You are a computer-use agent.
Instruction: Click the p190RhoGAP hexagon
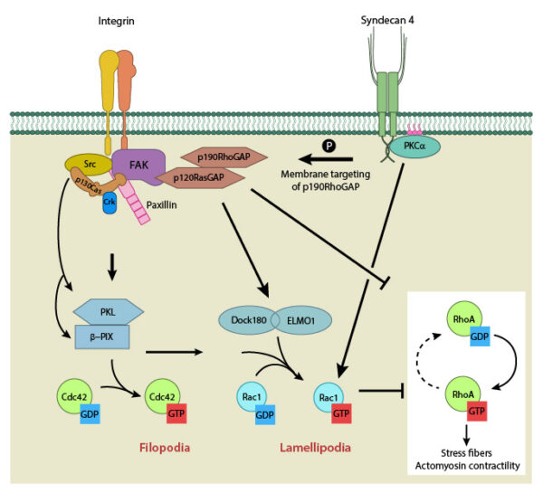tap(218, 155)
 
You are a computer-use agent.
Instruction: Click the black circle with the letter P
tap(329, 145)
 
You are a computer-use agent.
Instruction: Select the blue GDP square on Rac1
tap(262, 414)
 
